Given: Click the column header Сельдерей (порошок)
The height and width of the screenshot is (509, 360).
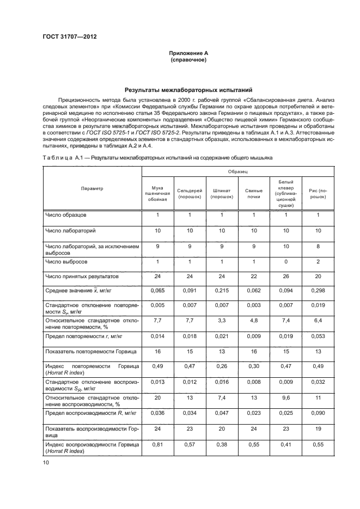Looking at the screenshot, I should (190, 194).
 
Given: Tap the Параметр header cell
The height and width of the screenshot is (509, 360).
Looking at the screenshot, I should (92, 188).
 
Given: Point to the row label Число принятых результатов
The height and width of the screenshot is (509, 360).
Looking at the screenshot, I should (78, 277).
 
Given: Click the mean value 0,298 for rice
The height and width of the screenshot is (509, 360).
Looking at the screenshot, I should (317, 291).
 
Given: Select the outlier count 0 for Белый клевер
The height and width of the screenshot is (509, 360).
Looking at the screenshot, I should (286, 262).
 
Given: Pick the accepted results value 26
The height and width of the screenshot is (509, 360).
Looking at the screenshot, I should (286, 277).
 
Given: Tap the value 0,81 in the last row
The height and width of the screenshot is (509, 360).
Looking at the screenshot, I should (158, 445).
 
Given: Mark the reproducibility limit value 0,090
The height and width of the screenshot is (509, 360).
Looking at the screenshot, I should (317, 414).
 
